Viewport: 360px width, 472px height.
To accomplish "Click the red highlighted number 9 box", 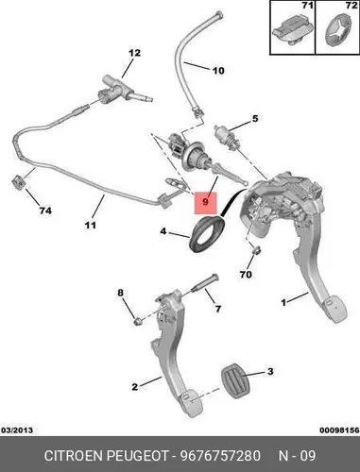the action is [x=206, y=203].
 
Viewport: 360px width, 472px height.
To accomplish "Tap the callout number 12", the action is [x=134, y=53].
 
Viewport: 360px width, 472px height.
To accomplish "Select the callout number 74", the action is [x=45, y=211].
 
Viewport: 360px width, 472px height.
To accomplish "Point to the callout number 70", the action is [x=246, y=275].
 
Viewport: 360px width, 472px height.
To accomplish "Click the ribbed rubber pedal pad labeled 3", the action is [x=235, y=381].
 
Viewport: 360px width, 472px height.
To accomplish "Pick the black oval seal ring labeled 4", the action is [x=206, y=234].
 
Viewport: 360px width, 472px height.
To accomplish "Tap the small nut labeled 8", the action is [x=137, y=322].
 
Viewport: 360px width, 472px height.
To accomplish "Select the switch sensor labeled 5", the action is [x=226, y=137].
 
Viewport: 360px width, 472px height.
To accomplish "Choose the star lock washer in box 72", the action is [x=337, y=32].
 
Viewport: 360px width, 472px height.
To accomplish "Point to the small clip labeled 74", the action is [x=19, y=182].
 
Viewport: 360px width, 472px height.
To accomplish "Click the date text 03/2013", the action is [x=17, y=430].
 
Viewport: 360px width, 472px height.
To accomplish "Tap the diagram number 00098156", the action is [x=339, y=430].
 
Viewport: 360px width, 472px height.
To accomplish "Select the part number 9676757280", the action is [x=220, y=455].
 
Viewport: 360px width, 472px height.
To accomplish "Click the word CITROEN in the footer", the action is [x=74, y=455].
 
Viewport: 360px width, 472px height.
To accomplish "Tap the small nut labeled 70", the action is [x=258, y=250].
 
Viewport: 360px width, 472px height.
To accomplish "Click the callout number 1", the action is [x=283, y=303].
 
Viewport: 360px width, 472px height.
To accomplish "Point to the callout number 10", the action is [x=218, y=71].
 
